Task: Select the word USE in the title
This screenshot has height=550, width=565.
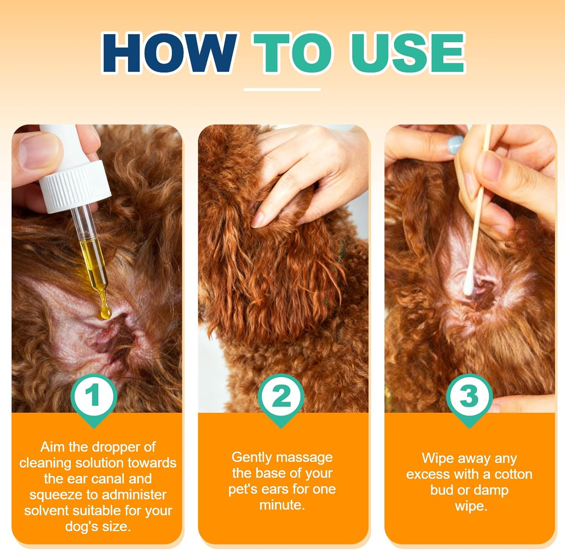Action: [408, 53]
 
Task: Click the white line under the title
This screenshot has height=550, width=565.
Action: [282, 90]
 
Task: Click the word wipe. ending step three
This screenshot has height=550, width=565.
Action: [471, 506]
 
